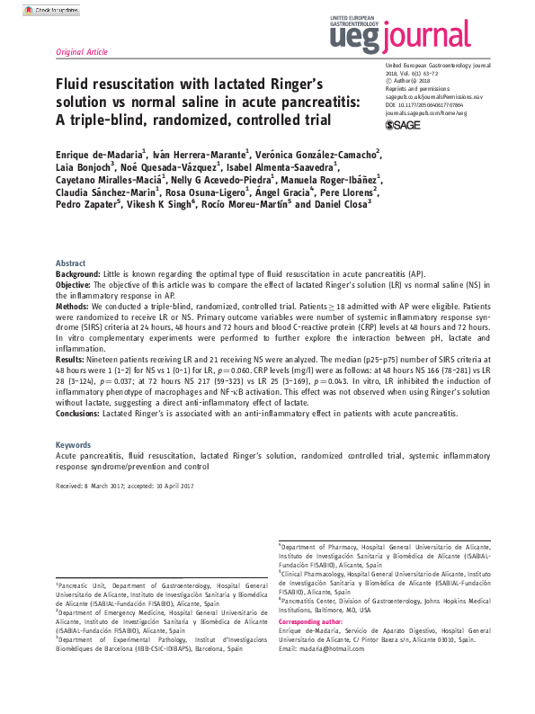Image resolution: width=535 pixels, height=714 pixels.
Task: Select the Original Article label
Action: (82, 52)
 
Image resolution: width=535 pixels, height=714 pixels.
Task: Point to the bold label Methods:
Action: (75, 305)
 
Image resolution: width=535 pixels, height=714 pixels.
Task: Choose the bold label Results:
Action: (73, 356)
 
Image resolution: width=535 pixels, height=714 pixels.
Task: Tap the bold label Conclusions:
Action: (84, 414)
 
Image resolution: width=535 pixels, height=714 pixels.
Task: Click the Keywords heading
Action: (74, 445)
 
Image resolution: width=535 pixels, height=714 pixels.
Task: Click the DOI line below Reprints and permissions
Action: (428, 104)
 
